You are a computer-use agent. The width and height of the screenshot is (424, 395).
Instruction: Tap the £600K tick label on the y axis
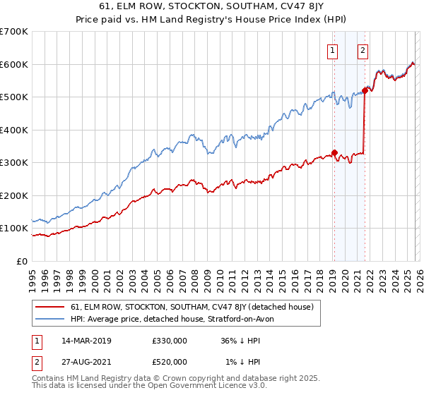coord(13,64)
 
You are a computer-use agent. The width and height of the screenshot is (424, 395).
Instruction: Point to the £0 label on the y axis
coord(22,261)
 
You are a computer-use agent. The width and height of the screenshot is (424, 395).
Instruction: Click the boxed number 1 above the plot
coord(332,50)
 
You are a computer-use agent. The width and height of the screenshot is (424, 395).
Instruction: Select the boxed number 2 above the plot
coord(363,50)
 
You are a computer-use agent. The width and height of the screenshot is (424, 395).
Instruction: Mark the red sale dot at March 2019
coord(334,152)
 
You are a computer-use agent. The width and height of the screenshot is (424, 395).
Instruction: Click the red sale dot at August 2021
coord(365,90)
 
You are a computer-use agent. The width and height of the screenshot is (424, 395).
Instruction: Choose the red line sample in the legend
coord(49,308)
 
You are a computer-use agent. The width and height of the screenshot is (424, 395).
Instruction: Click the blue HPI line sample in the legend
coord(49,319)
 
